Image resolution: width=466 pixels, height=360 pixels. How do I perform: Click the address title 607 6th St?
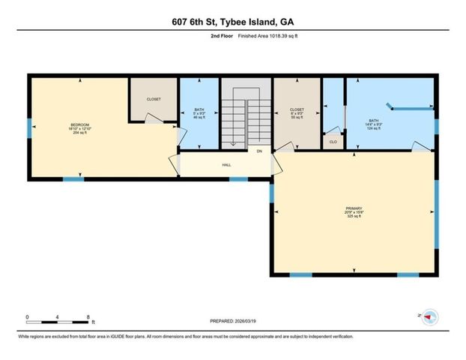point(232,23)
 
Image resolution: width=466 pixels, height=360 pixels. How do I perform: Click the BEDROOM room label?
point(80,125)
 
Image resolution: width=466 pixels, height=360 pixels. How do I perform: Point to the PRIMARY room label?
point(354,210)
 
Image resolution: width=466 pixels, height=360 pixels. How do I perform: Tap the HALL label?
point(226,165)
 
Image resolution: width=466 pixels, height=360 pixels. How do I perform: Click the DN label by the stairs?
point(259,151)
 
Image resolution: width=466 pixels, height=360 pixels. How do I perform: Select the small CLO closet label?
point(333,140)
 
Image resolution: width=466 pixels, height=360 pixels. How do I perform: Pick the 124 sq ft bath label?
point(373,126)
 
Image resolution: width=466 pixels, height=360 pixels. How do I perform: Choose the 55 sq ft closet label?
point(297,115)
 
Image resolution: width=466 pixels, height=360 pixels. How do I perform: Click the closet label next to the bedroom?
point(154,98)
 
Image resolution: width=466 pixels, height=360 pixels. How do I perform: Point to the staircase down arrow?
point(233,142)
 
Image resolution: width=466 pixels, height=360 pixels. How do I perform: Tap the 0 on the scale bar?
point(27,316)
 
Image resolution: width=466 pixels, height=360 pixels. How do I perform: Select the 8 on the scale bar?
point(90,316)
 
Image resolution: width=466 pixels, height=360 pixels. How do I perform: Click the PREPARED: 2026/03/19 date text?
point(234,321)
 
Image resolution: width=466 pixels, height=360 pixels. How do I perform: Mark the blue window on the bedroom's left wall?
point(29,128)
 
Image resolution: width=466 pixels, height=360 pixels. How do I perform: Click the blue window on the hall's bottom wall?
point(238,179)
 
